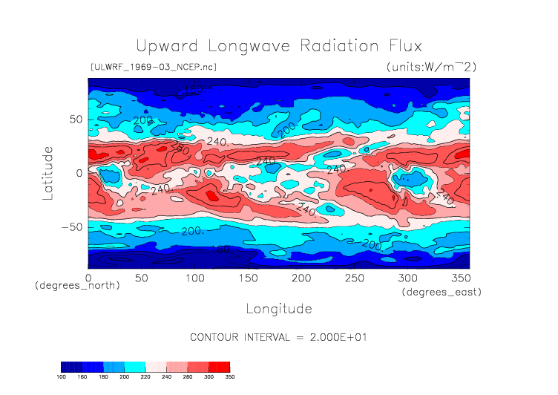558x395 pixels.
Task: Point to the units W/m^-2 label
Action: click(x=431, y=67)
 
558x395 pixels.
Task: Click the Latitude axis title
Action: click(x=49, y=172)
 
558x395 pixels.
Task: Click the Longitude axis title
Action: click(x=278, y=308)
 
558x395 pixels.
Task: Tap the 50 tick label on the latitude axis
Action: click(x=75, y=119)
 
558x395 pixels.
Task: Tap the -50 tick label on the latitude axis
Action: click(x=70, y=227)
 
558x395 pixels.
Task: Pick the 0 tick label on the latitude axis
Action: click(x=79, y=173)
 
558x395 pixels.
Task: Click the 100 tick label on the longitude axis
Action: click(x=194, y=277)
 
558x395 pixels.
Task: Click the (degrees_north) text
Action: click(x=77, y=286)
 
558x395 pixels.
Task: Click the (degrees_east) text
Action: click(x=442, y=293)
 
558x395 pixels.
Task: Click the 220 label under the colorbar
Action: click(x=145, y=377)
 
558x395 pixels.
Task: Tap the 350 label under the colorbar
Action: click(x=229, y=377)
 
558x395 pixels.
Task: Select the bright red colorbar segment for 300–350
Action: click(x=219, y=367)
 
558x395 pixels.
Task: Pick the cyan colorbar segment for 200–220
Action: click(x=135, y=367)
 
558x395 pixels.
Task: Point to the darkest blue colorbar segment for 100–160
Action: click(x=71, y=367)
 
